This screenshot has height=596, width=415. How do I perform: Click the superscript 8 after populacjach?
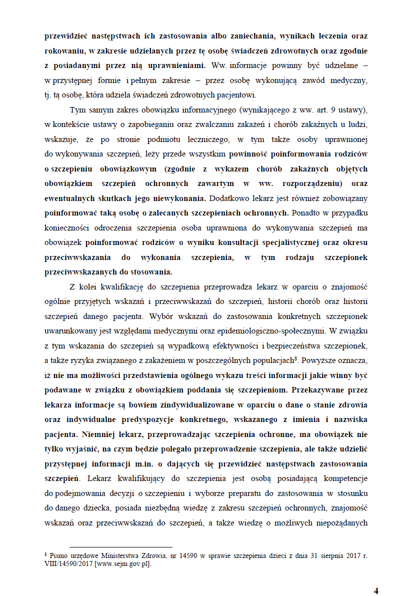tap(296, 343)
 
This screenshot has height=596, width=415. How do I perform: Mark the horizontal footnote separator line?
tap(120, 547)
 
